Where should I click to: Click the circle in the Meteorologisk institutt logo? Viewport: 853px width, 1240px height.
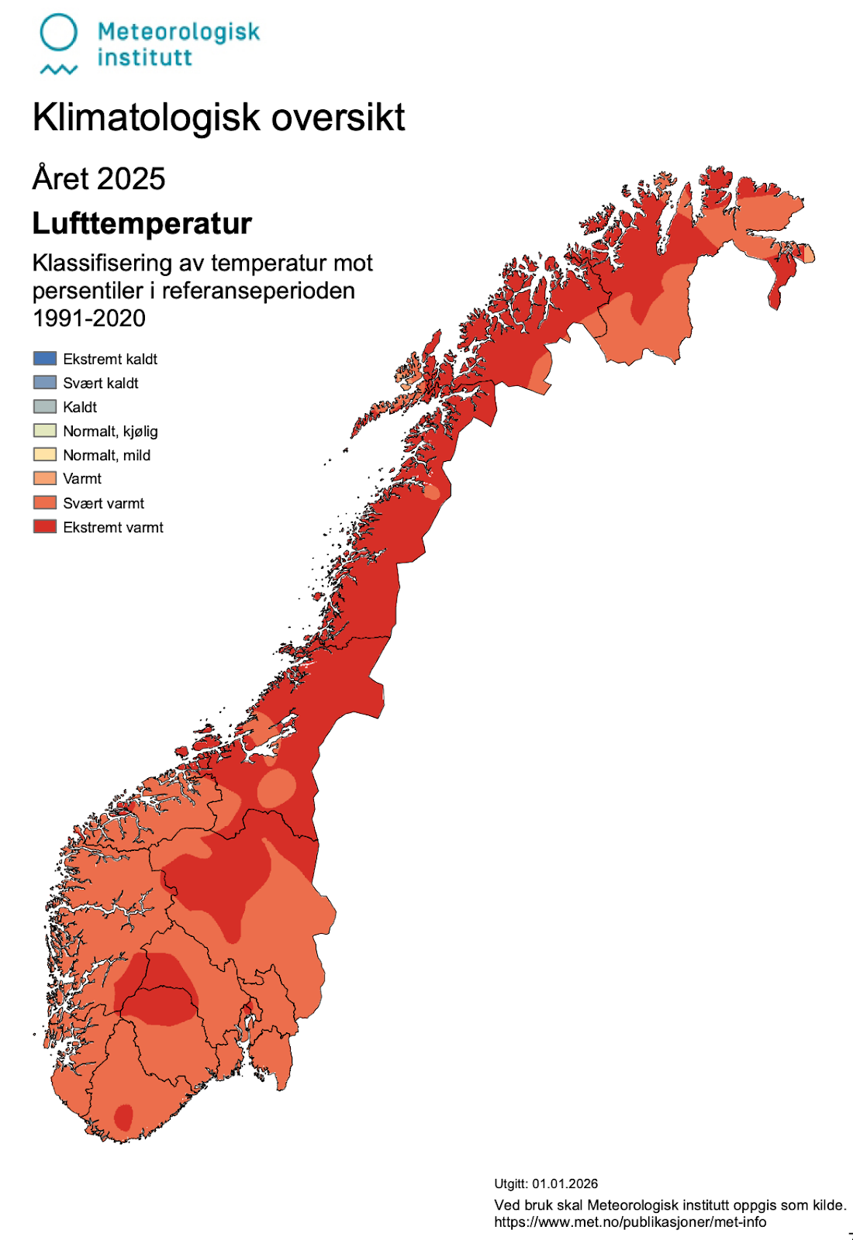(x=58, y=33)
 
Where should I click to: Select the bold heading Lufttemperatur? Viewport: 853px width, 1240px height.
(x=142, y=224)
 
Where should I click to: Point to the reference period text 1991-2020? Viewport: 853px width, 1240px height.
(x=89, y=319)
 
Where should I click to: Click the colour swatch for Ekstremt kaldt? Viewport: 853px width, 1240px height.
(x=45, y=358)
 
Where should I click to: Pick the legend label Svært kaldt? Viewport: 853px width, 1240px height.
(x=101, y=383)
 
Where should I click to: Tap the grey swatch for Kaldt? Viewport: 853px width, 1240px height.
(x=45, y=406)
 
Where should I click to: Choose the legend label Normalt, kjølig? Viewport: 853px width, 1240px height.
(x=110, y=431)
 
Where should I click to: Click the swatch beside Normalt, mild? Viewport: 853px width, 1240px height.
(x=45, y=454)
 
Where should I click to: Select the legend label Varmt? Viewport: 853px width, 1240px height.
(x=82, y=479)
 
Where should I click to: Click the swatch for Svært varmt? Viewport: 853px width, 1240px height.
(x=45, y=502)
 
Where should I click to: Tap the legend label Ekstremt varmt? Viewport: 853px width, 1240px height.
(x=113, y=527)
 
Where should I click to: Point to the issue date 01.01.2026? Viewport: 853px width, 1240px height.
(x=565, y=1183)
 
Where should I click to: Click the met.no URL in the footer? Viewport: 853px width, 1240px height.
(x=630, y=1222)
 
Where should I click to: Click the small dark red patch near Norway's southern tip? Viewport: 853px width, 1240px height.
(x=123, y=1117)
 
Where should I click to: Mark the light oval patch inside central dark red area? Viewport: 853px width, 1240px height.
(x=276, y=787)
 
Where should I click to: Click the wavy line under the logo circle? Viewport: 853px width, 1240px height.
(x=58, y=70)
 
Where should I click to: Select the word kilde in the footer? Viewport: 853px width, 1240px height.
(x=827, y=1205)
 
